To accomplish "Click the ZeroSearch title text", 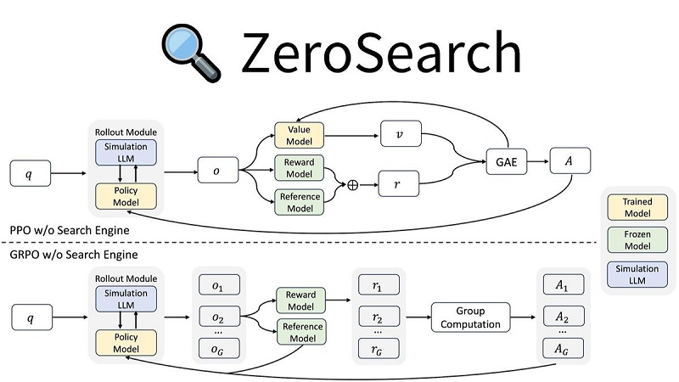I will (379, 53).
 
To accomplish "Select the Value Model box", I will (300, 136).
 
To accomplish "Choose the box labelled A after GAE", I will (570, 162).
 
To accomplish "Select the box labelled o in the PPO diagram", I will (216, 171).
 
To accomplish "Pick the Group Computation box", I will (470, 317).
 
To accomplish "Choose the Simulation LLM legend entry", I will (637, 274).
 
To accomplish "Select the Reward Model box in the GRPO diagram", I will (300, 301).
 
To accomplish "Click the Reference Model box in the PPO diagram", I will (300, 202).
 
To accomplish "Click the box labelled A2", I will (561, 317).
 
